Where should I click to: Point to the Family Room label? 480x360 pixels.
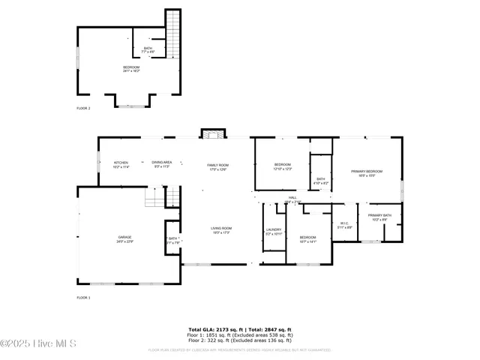coord(217,166)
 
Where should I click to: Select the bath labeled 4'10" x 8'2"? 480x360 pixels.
coord(320,181)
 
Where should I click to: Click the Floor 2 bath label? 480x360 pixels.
coord(148,50)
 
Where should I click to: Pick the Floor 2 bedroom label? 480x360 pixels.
coord(131,69)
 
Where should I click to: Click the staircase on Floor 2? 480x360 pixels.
coord(173,34)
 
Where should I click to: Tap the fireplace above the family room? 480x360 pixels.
coord(212,134)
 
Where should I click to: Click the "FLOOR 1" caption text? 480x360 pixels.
coord(83,298)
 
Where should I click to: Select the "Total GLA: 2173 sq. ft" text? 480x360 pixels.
coord(213,330)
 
